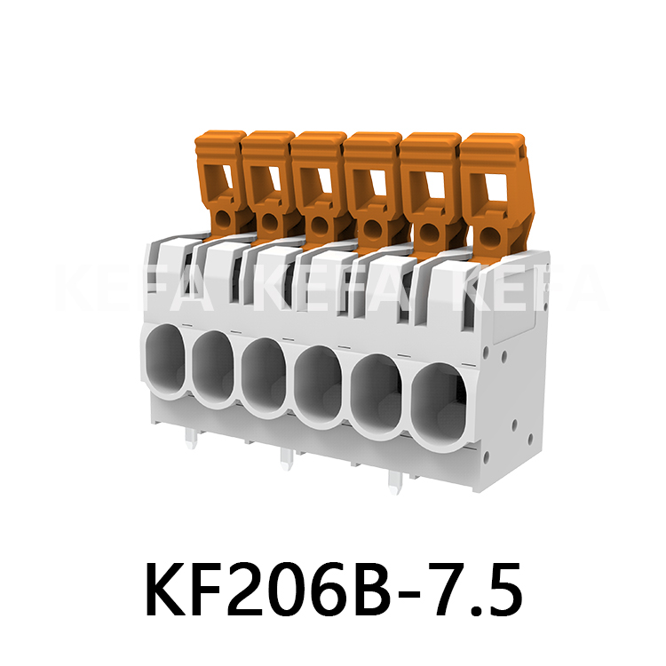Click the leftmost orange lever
219,182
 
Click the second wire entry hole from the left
214,367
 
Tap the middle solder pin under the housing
285,456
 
